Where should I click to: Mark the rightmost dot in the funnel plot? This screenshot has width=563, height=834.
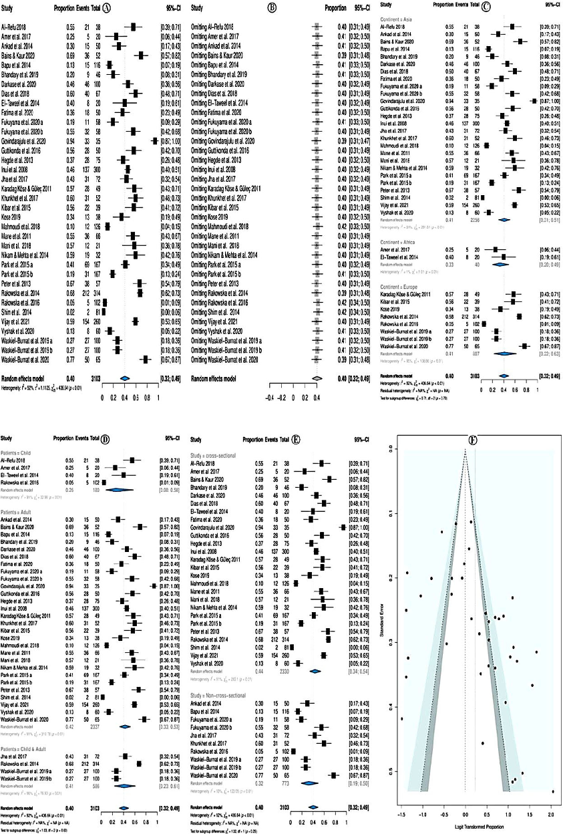(554, 791)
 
